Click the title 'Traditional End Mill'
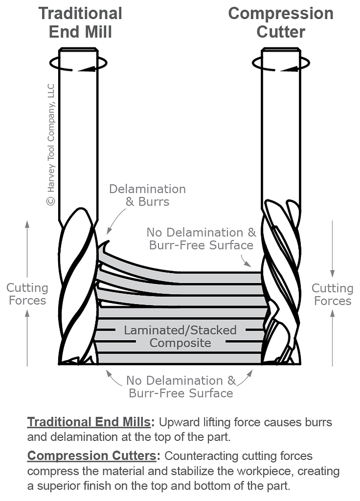coord(80,22)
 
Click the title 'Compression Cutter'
coord(281,22)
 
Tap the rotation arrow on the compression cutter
coord(280,64)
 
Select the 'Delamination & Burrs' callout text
coord(147,195)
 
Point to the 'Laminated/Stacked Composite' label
coord(181,337)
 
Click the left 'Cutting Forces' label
coord(27,294)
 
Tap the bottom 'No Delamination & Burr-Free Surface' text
coord(181,386)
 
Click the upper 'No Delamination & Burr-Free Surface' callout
coord(201,238)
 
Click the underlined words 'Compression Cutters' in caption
coord(92,456)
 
